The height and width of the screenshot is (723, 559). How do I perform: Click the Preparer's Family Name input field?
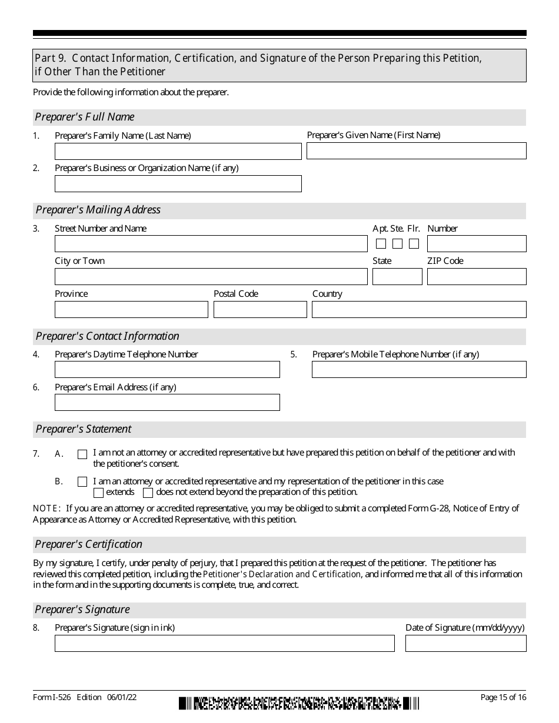click(x=178, y=151)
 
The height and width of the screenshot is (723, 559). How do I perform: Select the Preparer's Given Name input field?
click(x=416, y=150)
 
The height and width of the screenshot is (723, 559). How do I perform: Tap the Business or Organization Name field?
click(x=178, y=183)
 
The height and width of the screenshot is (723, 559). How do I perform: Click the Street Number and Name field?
click(x=211, y=244)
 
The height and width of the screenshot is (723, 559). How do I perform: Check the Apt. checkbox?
click(x=381, y=244)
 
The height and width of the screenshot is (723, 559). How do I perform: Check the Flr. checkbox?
click(x=414, y=244)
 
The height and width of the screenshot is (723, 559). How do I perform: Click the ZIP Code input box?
click(x=477, y=277)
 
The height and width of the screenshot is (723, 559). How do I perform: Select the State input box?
click(x=397, y=277)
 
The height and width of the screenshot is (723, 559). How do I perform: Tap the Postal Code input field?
click(x=260, y=310)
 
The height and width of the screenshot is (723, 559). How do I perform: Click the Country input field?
click(x=419, y=310)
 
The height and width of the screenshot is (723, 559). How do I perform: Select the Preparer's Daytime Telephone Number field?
click(x=167, y=370)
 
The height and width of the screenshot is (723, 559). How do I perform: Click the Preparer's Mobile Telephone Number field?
click(x=419, y=370)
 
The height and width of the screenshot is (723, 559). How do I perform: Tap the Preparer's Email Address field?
click(x=167, y=403)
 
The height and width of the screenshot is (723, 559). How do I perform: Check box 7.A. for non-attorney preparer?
click(x=82, y=454)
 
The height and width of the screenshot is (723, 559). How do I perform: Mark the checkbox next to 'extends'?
click(x=99, y=493)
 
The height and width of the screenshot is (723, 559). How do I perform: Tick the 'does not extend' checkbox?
click(x=148, y=493)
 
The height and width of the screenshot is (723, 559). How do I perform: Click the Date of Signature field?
click(x=465, y=644)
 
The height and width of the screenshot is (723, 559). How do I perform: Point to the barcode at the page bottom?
click(x=299, y=703)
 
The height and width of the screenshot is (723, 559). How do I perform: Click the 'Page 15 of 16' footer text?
click(x=503, y=697)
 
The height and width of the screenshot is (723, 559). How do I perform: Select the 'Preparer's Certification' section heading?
click(x=89, y=544)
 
